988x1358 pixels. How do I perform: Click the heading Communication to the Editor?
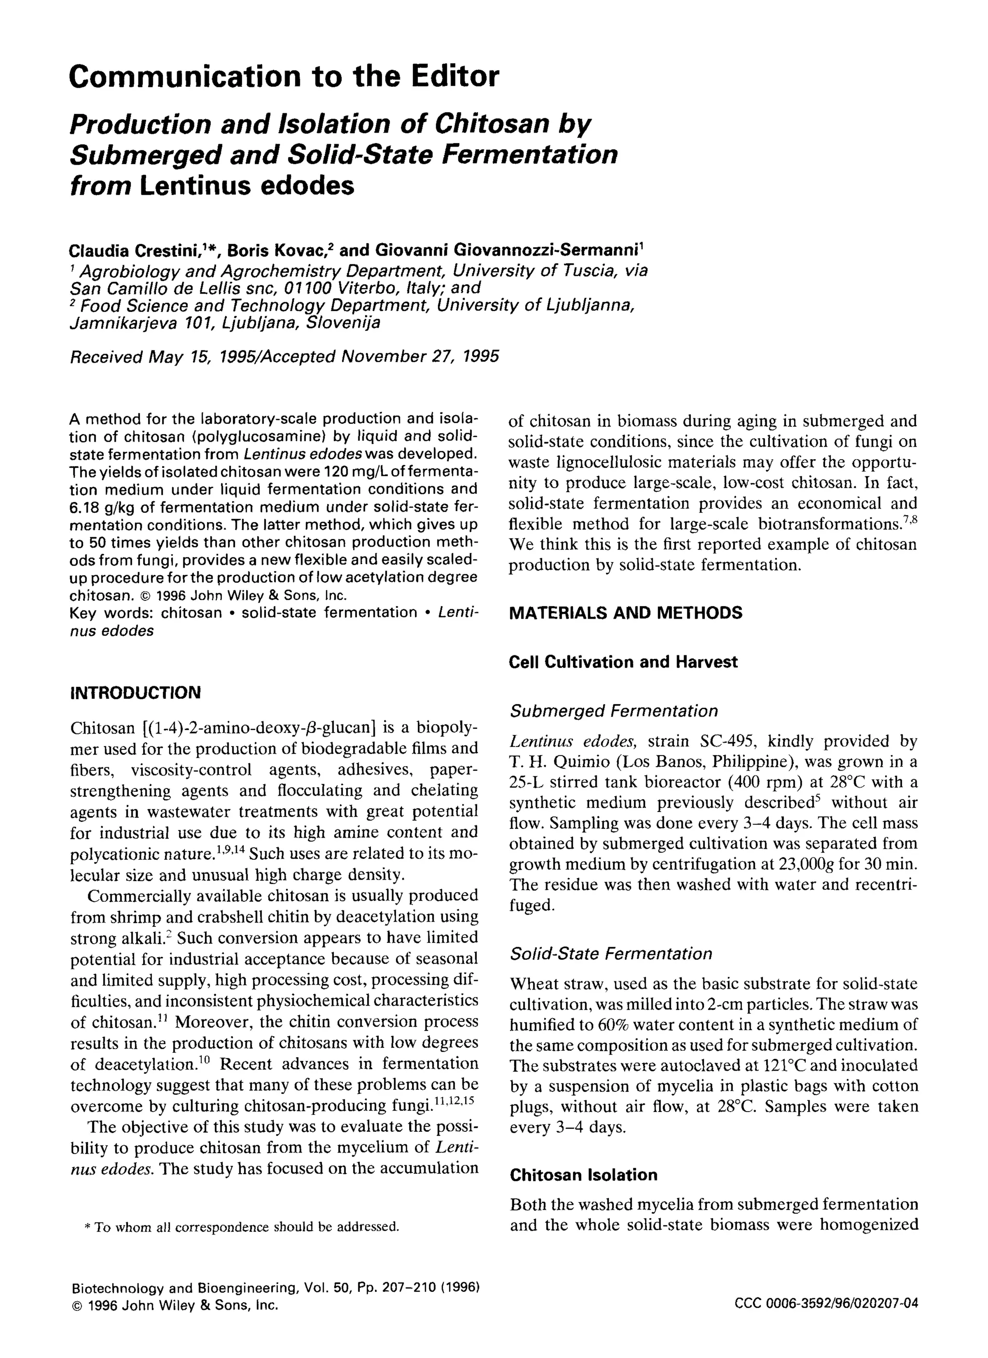pyautogui.click(x=283, y=77)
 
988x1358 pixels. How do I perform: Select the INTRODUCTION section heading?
pyautogui.click(x=136, y=693)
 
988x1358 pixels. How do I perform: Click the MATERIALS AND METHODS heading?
pyautogui.click(x=625, y=612)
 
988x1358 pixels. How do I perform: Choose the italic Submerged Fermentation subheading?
pyautogui.click(x=614, y=711)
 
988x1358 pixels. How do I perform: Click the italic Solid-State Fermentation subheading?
pyautogui.click(x=611, y=953)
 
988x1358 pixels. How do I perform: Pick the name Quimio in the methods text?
pyautogui.click(x=576, y=762)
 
